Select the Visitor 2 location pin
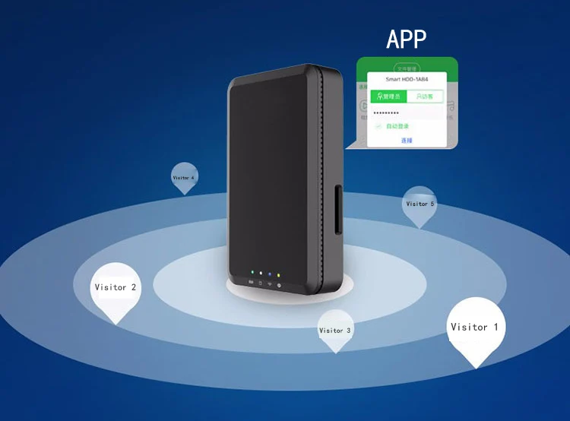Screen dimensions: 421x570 coord(116,289)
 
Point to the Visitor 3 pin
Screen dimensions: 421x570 coord(335,331)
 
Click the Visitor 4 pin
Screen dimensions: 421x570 coord(183,178)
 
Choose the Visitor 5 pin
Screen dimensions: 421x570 coord(420,204)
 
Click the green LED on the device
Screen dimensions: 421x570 coord(252,271)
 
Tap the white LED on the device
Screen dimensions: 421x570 coord(261,273)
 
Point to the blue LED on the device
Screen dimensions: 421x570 coord(270,274)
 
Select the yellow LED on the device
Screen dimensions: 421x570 coord(279,274)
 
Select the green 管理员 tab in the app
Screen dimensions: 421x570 coord(388,97)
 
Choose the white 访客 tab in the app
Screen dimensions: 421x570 coord(424,97)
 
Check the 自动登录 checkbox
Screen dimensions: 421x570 coord(378,126)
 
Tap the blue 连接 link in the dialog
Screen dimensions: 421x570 coord(407,141)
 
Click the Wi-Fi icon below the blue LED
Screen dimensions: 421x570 coord(270,284)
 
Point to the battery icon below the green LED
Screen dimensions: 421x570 coord(251,282)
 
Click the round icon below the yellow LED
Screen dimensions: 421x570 coord(279,285)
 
